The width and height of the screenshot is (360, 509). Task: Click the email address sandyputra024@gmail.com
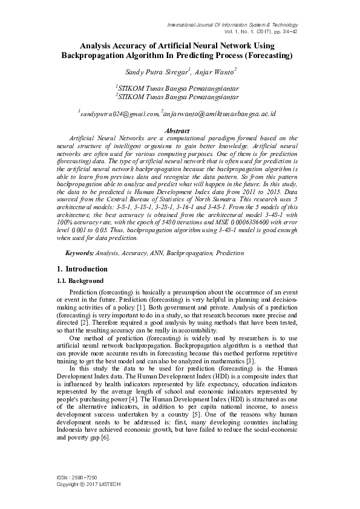click(x=119, y=113)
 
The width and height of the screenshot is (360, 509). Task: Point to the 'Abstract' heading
click(x=177, y=131)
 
